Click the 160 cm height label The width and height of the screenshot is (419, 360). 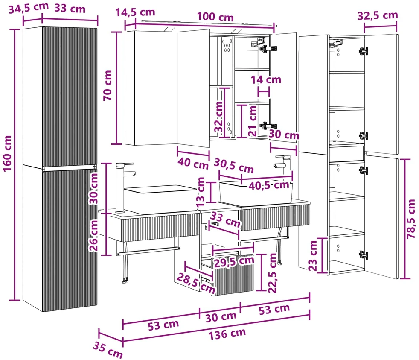[7, 153]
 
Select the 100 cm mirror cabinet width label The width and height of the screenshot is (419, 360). [215, 17]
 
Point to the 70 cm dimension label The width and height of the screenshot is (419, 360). [108, 85]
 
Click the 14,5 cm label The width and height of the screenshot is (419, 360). [135, 12]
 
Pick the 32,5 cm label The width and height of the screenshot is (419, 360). [378, 15]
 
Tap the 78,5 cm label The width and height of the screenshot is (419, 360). [411, 219]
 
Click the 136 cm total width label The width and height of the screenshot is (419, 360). [227, 334]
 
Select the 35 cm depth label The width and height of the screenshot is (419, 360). [108, 350]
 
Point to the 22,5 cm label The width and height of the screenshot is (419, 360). [272, 273]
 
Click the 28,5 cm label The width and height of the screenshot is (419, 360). [195, 284]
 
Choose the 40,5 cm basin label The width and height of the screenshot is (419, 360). [269, 185]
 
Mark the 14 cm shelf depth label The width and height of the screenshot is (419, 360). [266, 79]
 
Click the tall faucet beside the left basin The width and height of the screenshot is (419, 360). [123, 187]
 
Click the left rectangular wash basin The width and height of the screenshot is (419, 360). [160, 199]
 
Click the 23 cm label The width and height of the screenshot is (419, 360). [313, 256]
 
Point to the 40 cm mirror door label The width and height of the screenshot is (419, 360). [193, 163]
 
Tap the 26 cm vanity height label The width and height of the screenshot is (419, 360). [93, 235]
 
